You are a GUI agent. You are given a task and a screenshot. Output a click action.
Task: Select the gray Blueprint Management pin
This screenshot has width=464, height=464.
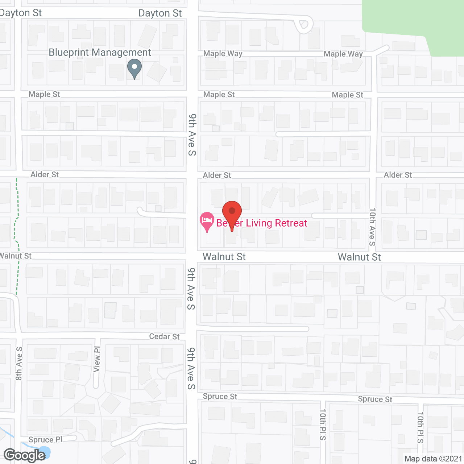[134, 67]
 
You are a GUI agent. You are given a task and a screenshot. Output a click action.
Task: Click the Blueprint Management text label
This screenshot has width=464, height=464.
[100, 53]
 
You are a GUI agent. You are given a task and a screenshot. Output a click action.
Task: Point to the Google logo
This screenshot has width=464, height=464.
[24, 455]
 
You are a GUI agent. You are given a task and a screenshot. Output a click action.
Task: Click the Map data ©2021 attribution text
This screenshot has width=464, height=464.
[433, 459]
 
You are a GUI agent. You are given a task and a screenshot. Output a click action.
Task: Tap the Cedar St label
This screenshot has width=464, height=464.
[164, 336]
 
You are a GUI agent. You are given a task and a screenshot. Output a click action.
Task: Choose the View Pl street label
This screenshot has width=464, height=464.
[97, 359]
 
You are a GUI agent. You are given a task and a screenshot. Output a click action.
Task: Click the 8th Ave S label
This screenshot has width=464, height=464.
[19, 364]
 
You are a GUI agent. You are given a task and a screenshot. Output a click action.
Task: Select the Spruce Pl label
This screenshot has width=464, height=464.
[45, 440]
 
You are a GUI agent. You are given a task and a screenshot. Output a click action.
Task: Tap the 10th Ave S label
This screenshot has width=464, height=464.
[372, 227]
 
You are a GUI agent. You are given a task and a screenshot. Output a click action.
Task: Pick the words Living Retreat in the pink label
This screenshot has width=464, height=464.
[276, 223]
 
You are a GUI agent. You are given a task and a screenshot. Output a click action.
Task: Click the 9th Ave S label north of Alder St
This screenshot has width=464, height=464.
[192, 135]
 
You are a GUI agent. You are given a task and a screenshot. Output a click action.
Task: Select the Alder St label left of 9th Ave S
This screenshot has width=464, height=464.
[45, 174]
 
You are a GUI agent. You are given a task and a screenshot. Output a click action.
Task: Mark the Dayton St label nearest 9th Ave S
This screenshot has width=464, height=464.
[160, 13]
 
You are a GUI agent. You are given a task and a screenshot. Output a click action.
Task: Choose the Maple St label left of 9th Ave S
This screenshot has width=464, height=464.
[44, 94]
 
